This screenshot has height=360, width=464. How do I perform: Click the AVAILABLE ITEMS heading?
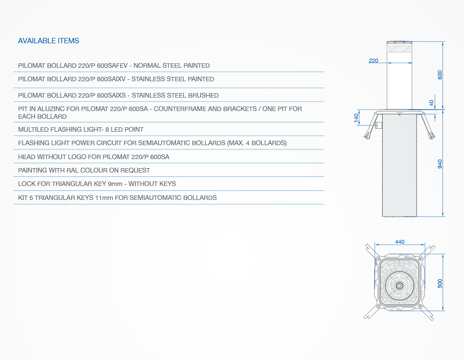click(49, 41)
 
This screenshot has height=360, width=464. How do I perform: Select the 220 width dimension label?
click(374, 61)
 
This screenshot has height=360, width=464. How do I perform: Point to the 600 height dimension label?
click(440, 75)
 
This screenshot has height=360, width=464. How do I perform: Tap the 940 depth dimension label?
click(440, 164)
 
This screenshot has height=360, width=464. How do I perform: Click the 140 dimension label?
click(356, 117)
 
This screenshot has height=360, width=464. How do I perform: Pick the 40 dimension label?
click(431, 103)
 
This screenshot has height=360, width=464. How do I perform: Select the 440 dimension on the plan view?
click(400, 242)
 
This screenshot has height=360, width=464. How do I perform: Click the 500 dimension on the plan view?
click(440, 284)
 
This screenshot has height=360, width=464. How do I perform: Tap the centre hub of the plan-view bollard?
click(399, 286)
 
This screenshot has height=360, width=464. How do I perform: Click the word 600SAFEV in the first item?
click(112, 66)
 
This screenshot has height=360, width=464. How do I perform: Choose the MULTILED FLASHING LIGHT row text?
click(81, 130)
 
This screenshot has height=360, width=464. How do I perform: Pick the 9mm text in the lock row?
click(115, 184)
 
